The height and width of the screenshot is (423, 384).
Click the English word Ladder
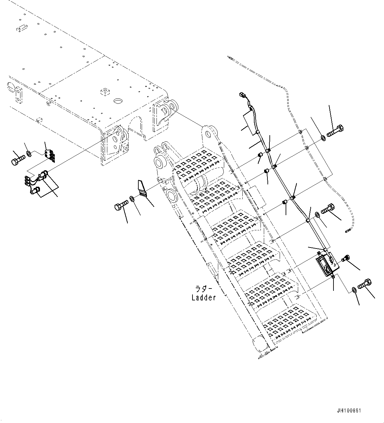(203, 298)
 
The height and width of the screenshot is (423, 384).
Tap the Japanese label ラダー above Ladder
(201, 289)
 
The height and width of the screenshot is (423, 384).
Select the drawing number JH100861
(349, 411)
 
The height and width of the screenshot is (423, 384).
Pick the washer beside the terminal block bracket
(29, 153)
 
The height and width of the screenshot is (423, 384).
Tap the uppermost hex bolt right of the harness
(335, 132)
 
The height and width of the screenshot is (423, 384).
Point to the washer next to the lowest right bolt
(354, 290)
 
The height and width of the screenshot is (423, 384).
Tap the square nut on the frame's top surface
(105, 91)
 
